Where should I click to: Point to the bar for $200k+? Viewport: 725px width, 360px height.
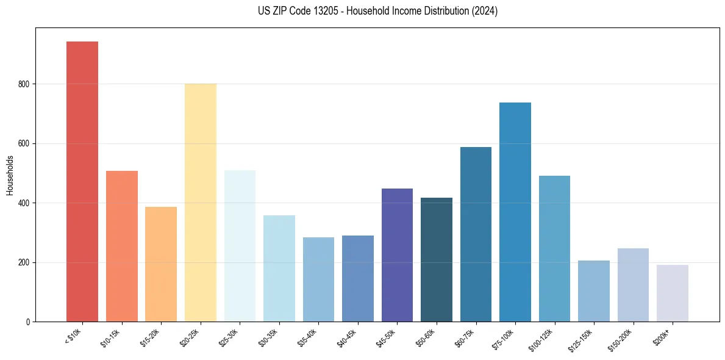pyautogui.click(x=672, y=293)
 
